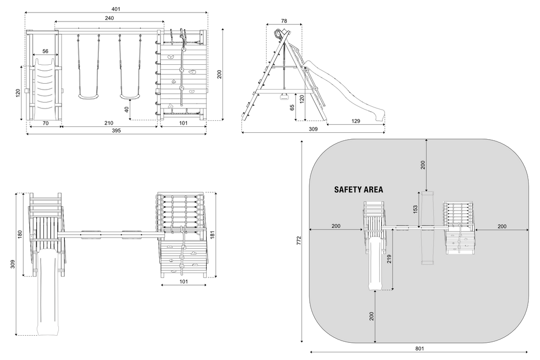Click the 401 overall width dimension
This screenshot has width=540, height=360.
(117, 9)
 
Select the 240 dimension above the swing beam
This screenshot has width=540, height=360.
(109, 18)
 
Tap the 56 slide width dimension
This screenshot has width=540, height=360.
(45, 51)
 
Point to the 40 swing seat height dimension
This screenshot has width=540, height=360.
(126, 110)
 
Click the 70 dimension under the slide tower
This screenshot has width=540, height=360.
(45, 123)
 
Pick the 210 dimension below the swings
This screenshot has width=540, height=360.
(109, 123)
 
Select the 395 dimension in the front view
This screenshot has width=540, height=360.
(117, 131)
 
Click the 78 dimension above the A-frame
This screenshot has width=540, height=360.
(284, 21)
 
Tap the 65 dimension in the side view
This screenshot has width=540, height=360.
(292, 107)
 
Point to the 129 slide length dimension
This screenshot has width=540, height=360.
(356, 121)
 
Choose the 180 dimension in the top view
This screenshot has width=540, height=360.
(19, 234)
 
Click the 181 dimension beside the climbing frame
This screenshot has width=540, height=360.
(212, 234)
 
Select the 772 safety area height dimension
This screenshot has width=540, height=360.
(299, 240)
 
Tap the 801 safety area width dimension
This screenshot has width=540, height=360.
(420, 348)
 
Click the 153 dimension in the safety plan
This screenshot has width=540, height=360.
(415, 209)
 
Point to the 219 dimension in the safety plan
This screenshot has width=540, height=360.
(389, 259)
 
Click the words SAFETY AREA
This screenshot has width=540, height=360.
(359, 189)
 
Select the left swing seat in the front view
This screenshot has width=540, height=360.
(89, 97)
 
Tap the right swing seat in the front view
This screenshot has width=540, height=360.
(130, 97)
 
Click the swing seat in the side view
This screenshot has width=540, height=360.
(284, 96)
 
